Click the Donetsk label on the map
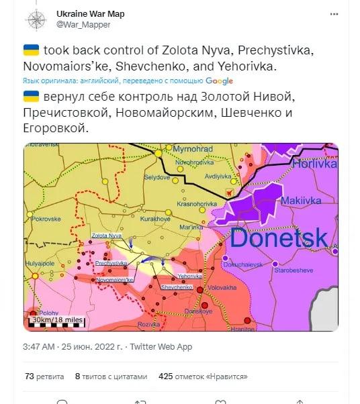pos(279,237)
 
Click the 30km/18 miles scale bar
pos(56,321)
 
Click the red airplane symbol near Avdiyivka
pos(232,193)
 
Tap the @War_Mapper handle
pos(84,25)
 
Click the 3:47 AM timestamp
pos(38,346)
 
